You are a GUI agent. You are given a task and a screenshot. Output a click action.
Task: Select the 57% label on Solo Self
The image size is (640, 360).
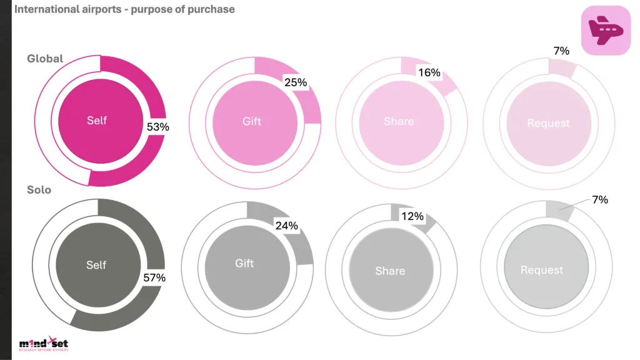click(x=153, y=277)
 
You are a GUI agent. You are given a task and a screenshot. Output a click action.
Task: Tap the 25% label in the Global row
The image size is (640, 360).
click(x=295, y=82)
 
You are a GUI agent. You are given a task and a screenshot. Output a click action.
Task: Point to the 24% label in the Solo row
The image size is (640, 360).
click(x=286, y=226)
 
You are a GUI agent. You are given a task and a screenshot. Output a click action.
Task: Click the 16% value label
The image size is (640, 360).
click(x=429, y=72)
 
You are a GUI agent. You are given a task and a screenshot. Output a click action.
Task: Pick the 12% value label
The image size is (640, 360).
click(x=412, y=217)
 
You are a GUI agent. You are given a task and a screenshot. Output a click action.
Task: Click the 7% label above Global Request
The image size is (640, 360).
click(x=562, y=51)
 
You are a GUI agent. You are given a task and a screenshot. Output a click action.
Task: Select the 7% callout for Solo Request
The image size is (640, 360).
click(x=600, y=199)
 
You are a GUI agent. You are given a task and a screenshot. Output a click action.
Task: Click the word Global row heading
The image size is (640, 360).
click(x=45, y=59)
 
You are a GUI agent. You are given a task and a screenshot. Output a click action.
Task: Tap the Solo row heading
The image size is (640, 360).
click(x=39, y=189)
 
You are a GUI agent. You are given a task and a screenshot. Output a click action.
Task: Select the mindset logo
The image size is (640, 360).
click(x=43, y=344)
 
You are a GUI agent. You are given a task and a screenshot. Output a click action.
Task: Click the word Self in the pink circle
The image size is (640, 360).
click(x=97, y=121)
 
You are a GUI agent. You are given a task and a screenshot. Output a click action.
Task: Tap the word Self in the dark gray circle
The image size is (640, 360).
click(x=96, y=265)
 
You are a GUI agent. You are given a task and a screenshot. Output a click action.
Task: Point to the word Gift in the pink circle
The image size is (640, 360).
click(x=252, y=121)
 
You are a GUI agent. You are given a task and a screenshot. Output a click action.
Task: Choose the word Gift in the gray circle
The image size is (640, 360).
click(x=244, y=264)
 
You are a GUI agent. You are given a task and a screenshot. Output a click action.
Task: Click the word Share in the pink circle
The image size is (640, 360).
click(x=399, y=121)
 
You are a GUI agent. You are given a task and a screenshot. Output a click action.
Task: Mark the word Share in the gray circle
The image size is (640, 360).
click(x=390, y=271)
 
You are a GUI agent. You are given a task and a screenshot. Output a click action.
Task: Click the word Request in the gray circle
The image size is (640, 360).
click(x=542, y=270)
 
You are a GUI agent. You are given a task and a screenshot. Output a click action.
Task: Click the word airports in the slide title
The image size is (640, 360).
click(x=102, y=9)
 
